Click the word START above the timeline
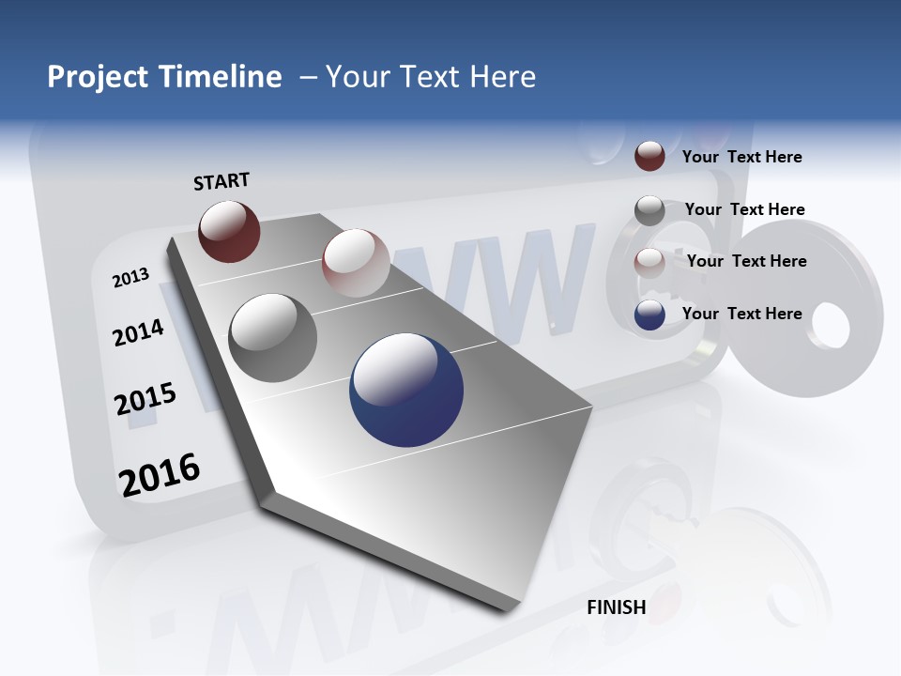point(221,181)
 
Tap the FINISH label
point(617,607)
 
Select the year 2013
point(130,278)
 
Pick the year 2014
point(138,332)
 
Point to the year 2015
point(145,400)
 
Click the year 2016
point(160,475)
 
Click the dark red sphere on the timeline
point(229,231)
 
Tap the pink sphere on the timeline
point(356,262)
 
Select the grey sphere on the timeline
point(272,337)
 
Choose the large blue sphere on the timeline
point(406,390)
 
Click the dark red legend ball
point(649,156)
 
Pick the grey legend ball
point(649,210)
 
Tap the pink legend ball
point(649,263)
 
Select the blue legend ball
point(649,315)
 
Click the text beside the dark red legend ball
point(741,157)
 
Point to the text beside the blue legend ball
point(741,314)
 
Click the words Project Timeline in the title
point(164,77)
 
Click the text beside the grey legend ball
point(744,209)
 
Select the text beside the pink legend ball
point(746,261)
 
